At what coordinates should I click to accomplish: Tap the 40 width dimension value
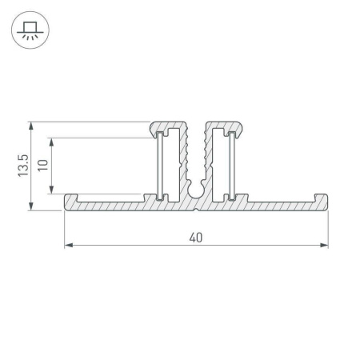coord(196,237)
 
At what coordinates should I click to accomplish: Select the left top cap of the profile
coord(170,126)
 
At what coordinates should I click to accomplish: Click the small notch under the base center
coord(196,210)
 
